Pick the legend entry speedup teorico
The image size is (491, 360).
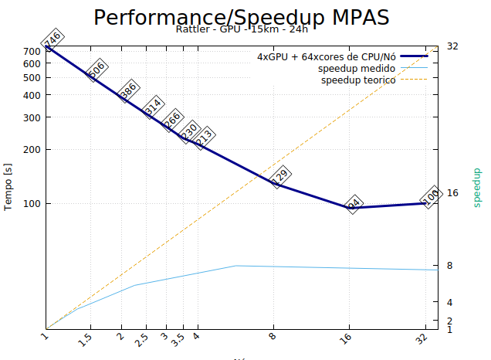pyautogui.click(x=358, y=80)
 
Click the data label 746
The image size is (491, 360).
pyautogui.click(x=52, y=40)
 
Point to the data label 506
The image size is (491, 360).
pyautogui.click(x=96, y=70)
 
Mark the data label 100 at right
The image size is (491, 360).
pyautogui.click(x=430, y=196)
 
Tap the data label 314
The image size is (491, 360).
pyautogui.click(x=153, y=106)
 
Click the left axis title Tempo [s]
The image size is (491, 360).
pyautogui.click(x=8, y=186)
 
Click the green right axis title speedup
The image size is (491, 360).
pyautogui.click(x=476, y=186)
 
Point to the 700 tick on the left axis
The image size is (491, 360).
pyautogui.click(x=32, y=52)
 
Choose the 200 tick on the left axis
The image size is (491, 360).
pyautogui.click(x=32, y=150)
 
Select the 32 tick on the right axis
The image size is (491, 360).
pyautogui.click(x=452, y=46)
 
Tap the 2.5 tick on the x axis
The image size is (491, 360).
pyautogui.click(x=141, y=339)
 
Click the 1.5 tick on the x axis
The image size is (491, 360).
pyautogui.click(x=85, y=339)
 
